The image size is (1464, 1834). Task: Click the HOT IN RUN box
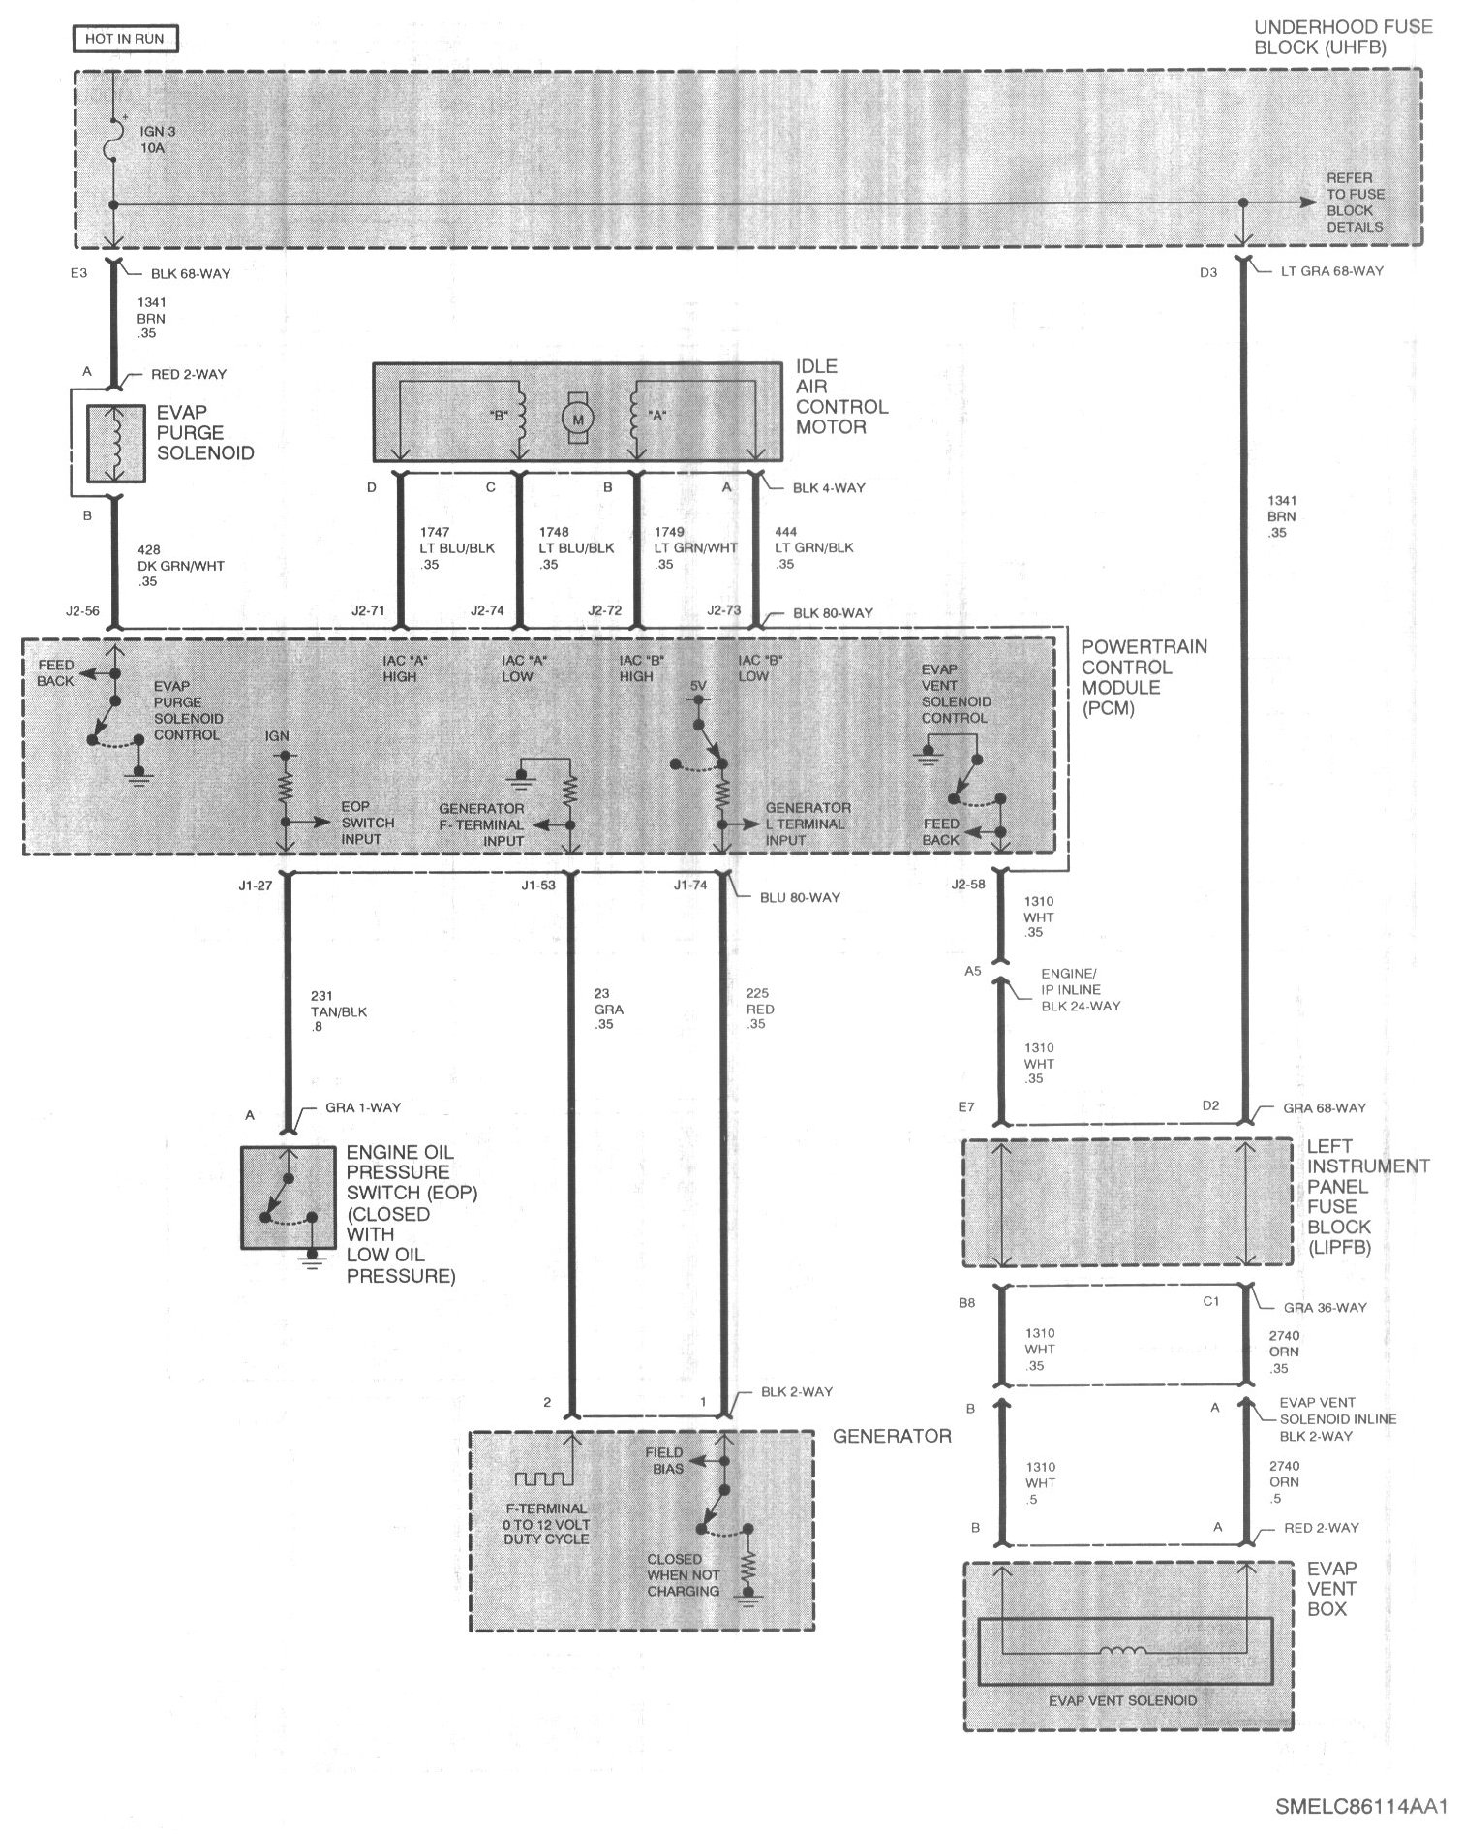pyautogui.click(x=125, y=39)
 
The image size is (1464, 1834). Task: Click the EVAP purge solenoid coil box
pyautogui.click(x=116, y=444)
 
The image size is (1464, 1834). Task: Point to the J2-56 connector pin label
pyautogui.click(x=81, y=611)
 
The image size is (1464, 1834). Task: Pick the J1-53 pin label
pyautogui.click(x=538, y=885)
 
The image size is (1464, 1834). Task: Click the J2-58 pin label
pyautogui.click(x=968, y=884)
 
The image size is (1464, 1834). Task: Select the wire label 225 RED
pyautogui.click(x=760, y=1009)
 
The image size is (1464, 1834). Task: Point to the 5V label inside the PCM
pyautogui.click(x=698, y=686)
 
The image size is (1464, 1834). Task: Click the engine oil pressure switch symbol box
pyautogui.click(x=288, y=1197)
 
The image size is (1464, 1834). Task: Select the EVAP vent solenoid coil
pyautogui.click(x=1123, y=1651)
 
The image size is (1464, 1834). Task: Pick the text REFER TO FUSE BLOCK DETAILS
pyautogui.click(x=1355, y=202)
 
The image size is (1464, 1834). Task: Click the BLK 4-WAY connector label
pyautogui.click(x=829, y=487)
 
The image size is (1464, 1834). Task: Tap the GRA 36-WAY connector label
pyautogui.click(x=1325, y=1307)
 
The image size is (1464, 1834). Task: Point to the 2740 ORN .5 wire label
pyautogui.click(x=1285, y=1482)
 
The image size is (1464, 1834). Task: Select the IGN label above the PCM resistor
pyautogui.click(x=277, y=736)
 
